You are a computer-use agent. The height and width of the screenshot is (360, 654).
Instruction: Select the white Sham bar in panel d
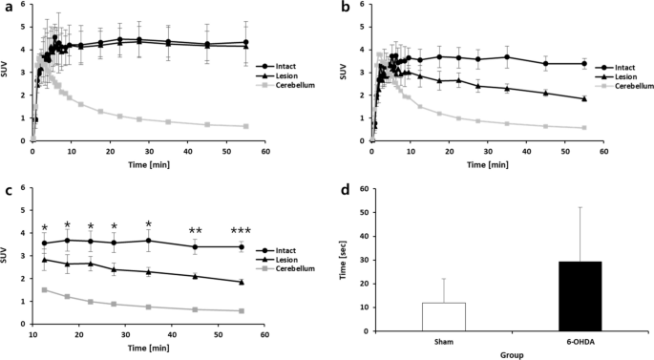pos(424,317)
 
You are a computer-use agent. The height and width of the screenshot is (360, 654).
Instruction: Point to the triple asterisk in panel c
pos(242,230)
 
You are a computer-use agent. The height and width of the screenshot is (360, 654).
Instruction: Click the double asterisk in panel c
pos(195,230)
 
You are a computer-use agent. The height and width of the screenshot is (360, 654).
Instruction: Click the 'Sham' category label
pos(424,341)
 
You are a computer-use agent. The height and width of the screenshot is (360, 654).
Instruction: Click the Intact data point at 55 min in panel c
pos(242,247)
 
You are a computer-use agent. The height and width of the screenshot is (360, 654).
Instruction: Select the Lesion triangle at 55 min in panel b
pos(583,98)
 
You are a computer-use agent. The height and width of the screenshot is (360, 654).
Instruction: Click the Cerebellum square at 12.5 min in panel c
pos(44,289)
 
